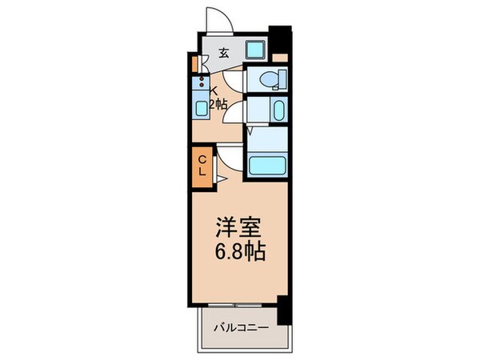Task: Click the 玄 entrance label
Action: pyautogui.click(x=224, y=54)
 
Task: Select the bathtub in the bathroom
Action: pyautogui.click(x=267, y=165)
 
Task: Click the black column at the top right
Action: pyautogui.click(x=281, y=40)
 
